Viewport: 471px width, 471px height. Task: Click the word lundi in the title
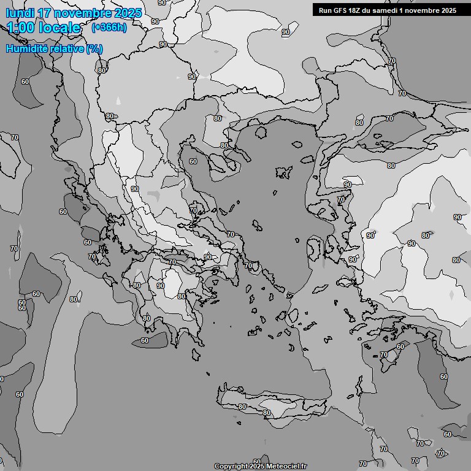[20, 13]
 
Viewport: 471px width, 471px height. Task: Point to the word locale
[61, 28]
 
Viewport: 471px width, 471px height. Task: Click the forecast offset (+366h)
[109, 28]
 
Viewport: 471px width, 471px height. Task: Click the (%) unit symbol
[94, 48]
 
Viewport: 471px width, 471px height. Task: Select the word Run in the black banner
[325, 10]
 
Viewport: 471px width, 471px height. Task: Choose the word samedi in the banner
[387, 10]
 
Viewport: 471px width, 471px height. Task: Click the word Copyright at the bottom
[231, 466]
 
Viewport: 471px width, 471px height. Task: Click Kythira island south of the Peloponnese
[197, 355]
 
